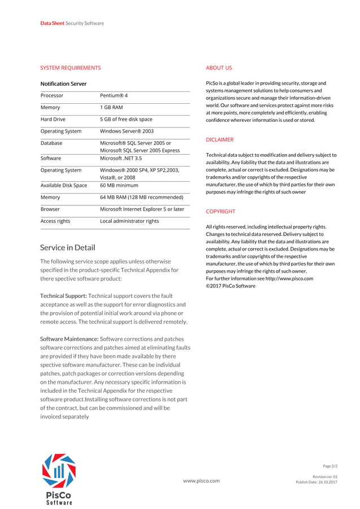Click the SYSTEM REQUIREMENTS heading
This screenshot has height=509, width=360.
click(x=71, y=68)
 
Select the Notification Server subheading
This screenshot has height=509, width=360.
click(x=63, y=84)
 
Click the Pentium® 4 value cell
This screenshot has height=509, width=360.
click(x=114, y=95)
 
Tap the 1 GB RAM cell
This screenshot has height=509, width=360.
click(x=111, y=107)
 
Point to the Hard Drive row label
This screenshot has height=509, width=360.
click(x=53, y=119)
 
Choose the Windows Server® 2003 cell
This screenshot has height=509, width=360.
click(x=126, y=131)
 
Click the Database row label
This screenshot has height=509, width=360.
click(x=51, y=143)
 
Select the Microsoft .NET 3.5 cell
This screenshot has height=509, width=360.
click(x=121, y=159)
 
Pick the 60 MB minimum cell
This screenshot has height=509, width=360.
click(x=119, y=185)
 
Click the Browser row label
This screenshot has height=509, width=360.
click(x=50, y=209)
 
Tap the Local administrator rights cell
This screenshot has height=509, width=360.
click(x=129, y=221)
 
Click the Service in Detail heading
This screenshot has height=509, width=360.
click(x=68, y=247)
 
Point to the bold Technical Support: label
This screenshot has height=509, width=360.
click(x=63, y=296)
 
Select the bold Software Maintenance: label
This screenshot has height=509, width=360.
click(x=69, y=339)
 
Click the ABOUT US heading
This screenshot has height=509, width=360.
click(x=219, y=68)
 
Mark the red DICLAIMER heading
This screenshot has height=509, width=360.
click(x=219, y=139)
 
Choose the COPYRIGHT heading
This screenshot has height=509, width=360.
click(x=221, y=212)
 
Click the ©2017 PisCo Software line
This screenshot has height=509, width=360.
click(x=231, y=286)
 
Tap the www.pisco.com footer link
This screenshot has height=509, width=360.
click(x=201, y=481)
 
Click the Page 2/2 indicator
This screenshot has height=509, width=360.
click(x=330, y=466)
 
